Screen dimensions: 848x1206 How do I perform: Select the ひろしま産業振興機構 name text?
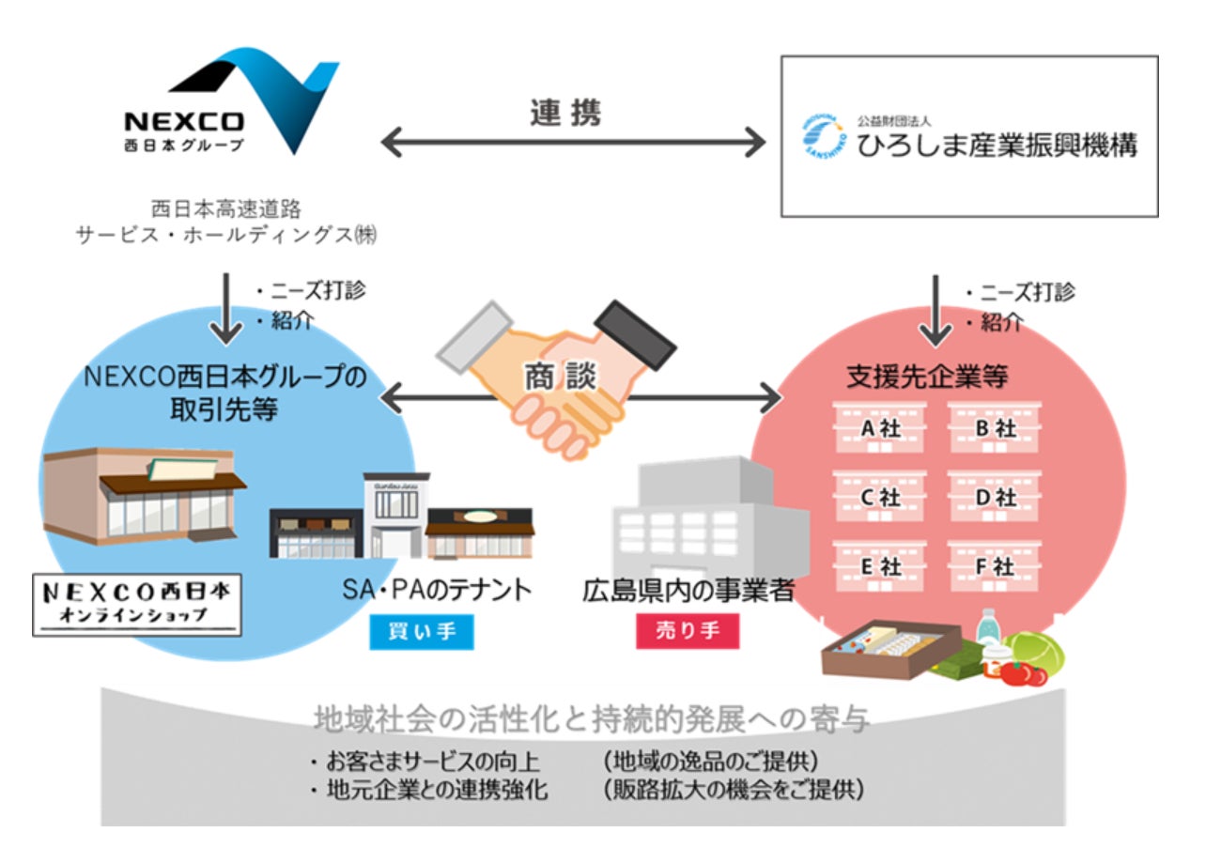[x=997, y=146]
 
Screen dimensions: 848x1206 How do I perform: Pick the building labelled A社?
[x=880, y=428]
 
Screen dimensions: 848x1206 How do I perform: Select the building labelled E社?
[x=880, y=566]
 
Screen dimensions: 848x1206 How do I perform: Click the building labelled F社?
[x=994, y=566]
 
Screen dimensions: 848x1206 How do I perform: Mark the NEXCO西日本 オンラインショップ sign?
[x=137, y=605]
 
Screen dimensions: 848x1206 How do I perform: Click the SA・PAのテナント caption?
[x=438, y=591]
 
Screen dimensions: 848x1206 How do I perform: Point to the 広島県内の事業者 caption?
[x=688, y=591]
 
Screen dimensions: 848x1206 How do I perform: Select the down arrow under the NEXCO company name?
[x=225, y=308]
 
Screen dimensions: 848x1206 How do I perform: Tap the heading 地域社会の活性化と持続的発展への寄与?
[x=591, y=720]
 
